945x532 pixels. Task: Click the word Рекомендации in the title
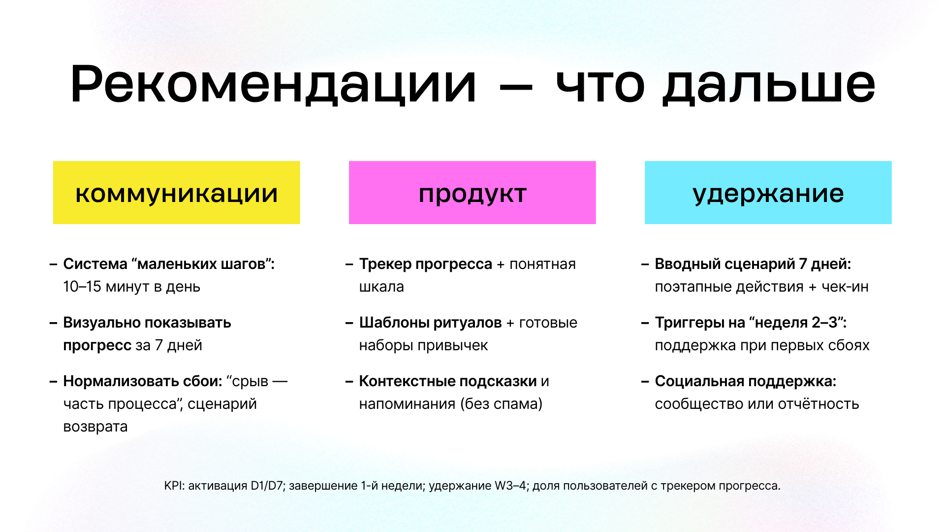click(x=273, y=85)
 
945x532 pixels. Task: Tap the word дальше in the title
click(x=768, y=85)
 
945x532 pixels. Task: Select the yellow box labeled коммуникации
click(x=176, y=193)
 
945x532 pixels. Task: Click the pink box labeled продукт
click(x=472, y=193)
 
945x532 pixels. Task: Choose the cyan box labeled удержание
click(x=768, y=193)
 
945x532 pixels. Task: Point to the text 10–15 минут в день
click(x=131, y=287)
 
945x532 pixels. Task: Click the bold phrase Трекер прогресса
click(x=425, y=264)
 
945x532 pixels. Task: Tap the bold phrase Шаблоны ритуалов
click(x=430, y=323)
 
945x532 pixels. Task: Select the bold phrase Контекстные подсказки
click(x=447, y=381)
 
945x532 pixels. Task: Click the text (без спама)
click(x=501, y=404)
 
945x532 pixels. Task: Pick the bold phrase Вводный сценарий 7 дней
click(x=752, y=264)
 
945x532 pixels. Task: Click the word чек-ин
click(x=845, y=287)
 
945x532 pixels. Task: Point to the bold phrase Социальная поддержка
click(x=745, y=381)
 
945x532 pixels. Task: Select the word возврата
click(x=95, y=427)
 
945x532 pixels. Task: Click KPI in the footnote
click(x=173, y=486)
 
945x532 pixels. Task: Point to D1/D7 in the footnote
click(x=266, y=486)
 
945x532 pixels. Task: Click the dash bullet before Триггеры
click(x=645, y=323)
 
